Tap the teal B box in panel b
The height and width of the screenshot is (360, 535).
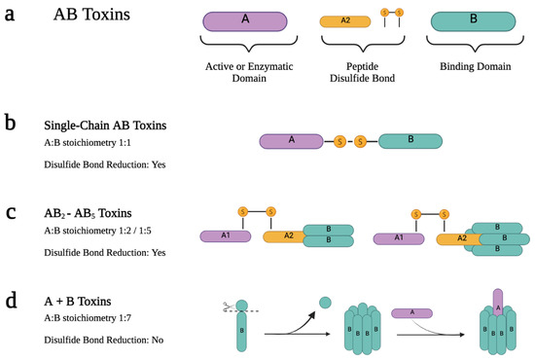pyautogui.click(x=410, y=141)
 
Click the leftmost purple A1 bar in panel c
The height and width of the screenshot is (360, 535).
pyautogui.click(x=225, y=235)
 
